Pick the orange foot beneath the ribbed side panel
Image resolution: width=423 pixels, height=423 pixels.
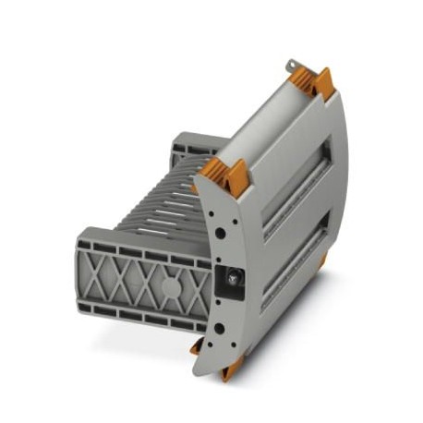(x=199, y=346)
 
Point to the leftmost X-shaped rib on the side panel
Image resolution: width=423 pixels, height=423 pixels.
(x=106, y=269)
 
